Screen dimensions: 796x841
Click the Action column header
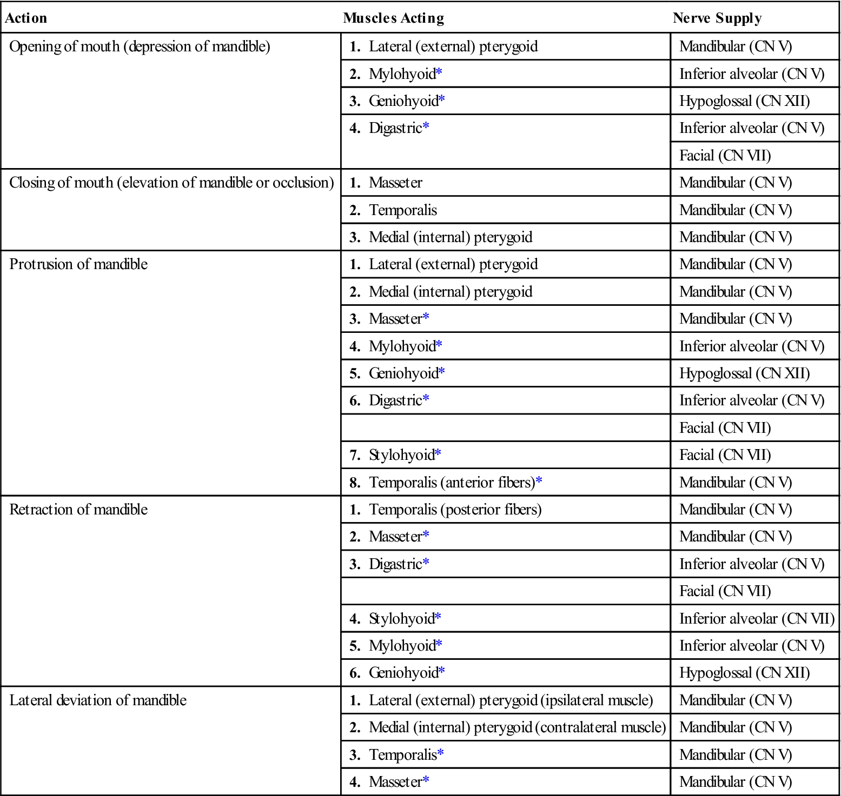tap(26, 18)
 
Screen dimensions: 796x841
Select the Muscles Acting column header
tap(393, 18)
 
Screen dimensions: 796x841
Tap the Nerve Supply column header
tap(717, 18)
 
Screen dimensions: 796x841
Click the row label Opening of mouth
tap(140, 46)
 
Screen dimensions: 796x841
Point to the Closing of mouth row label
tap(171, 183)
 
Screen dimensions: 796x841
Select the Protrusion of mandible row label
tap(78, 264)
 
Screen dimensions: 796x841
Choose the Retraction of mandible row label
tap(78, 510)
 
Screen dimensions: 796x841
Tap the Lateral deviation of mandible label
tap(98, 700)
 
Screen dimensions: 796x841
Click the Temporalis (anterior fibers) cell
tap(452, 483)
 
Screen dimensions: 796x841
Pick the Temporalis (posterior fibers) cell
tap(455, 510)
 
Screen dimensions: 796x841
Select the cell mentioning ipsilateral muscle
tap(511, 700)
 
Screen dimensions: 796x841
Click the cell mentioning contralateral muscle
tap(517, 727)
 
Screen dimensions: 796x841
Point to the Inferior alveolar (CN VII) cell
tap(757, 619)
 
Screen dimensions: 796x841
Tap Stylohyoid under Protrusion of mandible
tap(401, 455)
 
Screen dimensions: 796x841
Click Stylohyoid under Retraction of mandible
tap(401, 619)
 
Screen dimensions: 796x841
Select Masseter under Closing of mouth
tap(395, 183)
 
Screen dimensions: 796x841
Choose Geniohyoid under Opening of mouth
tap(403, 101)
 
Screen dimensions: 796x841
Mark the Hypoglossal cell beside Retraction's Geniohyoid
tap(744, 673)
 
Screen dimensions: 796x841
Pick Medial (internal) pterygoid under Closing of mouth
tap(451, 237)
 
